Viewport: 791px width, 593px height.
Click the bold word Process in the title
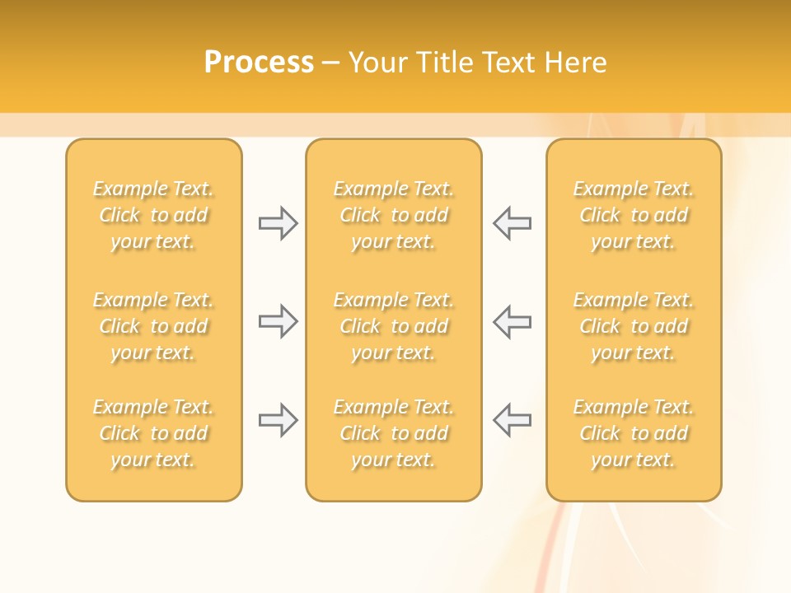click(259, 63)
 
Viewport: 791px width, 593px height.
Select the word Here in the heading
click(578, 63)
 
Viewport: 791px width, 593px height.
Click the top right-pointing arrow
click(278, 223)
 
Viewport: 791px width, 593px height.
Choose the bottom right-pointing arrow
click(278, 420)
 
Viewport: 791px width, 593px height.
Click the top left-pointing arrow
click(512, 223)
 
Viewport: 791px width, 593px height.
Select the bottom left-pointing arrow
click(512, 420)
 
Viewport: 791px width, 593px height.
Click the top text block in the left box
click(153, 215)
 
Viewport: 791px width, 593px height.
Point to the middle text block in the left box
click(153, 326)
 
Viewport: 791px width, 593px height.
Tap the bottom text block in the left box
click(153, 433)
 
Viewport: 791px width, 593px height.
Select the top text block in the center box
click(393, 215)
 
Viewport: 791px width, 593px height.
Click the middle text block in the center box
click(393, 326)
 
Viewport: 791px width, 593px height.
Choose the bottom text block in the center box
click(393, 433)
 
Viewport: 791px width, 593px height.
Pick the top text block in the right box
click(633, 215)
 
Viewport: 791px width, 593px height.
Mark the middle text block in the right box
click(633, 326)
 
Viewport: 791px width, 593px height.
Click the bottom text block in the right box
click(633, 433)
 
